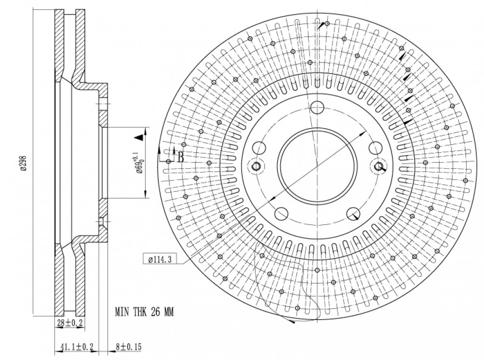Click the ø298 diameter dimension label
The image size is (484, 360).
pyautogui.click(x=23, y=163)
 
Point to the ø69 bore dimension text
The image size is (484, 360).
pyautogui.click(x=139, y=163)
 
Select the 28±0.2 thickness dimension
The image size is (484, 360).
pyautogui.click(x=70, y=323)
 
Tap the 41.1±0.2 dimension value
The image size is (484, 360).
pyautogui.click(x=77, y=346)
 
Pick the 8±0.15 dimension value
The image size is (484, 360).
pyautogui.click(x=128, y=346)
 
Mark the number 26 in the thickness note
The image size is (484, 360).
pyautogui.click(x=155, y=312)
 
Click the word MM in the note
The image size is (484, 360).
pyautogui.click(x=168, y=312)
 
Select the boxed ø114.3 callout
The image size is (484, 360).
pyautogui.click(x=160, y=259)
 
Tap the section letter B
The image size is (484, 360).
pyautogui.click(x=181, y=157)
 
